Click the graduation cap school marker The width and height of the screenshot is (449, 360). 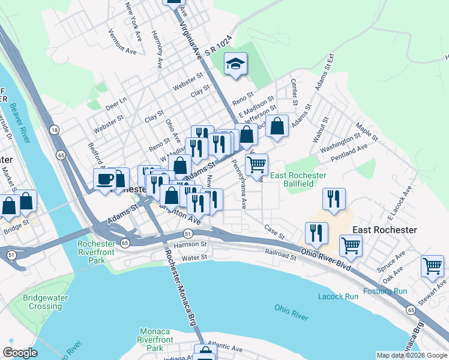tap(236, 64)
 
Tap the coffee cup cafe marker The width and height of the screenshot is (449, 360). tap(105, 179)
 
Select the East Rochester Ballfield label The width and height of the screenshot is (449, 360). tap(298, 179)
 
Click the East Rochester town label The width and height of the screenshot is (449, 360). tap(384, 230)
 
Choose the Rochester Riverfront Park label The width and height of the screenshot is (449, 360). tap(96, 253)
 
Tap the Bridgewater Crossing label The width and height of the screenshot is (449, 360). tap(43, 302)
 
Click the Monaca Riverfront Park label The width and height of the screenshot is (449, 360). tap(155, 340)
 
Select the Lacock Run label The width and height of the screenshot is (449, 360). tap(338, 296)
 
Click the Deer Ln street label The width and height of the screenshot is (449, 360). tap(116, 104)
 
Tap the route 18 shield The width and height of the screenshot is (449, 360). tap(55, 130)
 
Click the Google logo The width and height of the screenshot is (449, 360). tap(19, 353)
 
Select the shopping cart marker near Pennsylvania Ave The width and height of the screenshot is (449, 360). tap(256, 164)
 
